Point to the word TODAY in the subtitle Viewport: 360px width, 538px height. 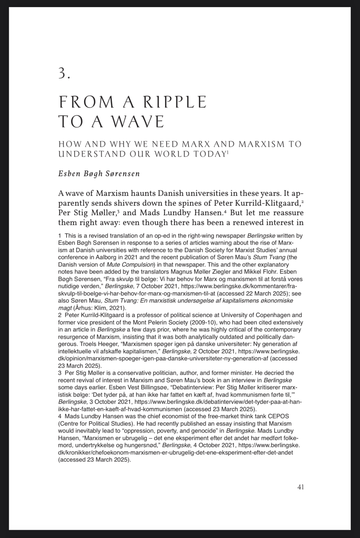pyautogui.click(x=209, y=154)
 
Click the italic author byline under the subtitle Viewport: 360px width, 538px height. pyautogui.click(x=99, y=173)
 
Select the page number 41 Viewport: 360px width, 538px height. pyautogui.click(x=301, y=487)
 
